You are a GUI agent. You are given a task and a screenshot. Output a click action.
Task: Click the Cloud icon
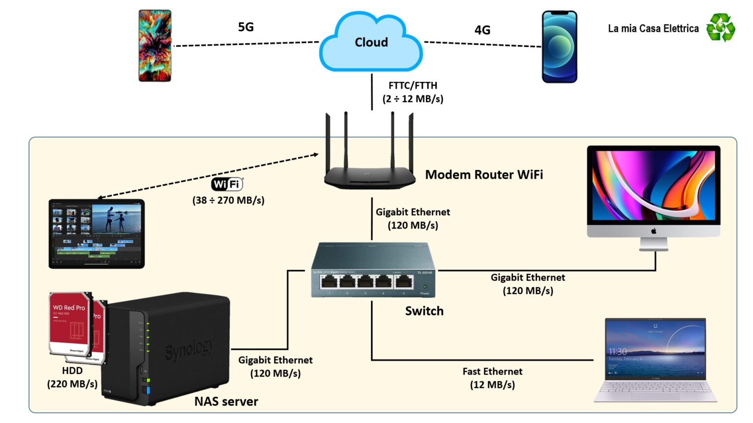(371, 43)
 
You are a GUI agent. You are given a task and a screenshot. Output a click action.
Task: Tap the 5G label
(246, 27)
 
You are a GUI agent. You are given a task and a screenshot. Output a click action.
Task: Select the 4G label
(482, 30)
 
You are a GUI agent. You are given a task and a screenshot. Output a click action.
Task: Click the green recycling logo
(720, 27)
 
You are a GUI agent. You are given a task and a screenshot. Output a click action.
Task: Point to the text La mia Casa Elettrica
(653, 28)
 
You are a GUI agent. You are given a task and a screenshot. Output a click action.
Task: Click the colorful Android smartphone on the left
(155, 46)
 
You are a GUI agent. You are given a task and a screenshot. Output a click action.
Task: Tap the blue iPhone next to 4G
(559, 47)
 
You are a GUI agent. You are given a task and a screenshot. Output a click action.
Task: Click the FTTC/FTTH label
(413, 85)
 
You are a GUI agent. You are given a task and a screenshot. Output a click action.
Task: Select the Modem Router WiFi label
(484, 174)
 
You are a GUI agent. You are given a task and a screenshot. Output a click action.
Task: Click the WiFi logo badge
(227, 184)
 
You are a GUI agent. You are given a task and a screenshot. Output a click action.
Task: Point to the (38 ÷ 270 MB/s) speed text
(228, 200)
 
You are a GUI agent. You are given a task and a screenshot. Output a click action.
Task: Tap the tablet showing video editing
(97, 234)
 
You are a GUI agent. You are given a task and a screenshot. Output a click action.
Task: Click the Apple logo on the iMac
(653, 231)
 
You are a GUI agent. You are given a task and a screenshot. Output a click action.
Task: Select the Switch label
(424, 311)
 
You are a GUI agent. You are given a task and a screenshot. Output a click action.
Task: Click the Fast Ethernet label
(492, 371)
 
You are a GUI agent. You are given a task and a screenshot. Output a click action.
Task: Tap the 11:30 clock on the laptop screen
(617, 352)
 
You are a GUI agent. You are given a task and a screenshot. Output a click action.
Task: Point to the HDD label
(72, 371)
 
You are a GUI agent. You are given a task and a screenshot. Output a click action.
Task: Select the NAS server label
(226, 401)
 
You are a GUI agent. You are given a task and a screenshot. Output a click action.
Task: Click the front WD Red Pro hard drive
(70, 324)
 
